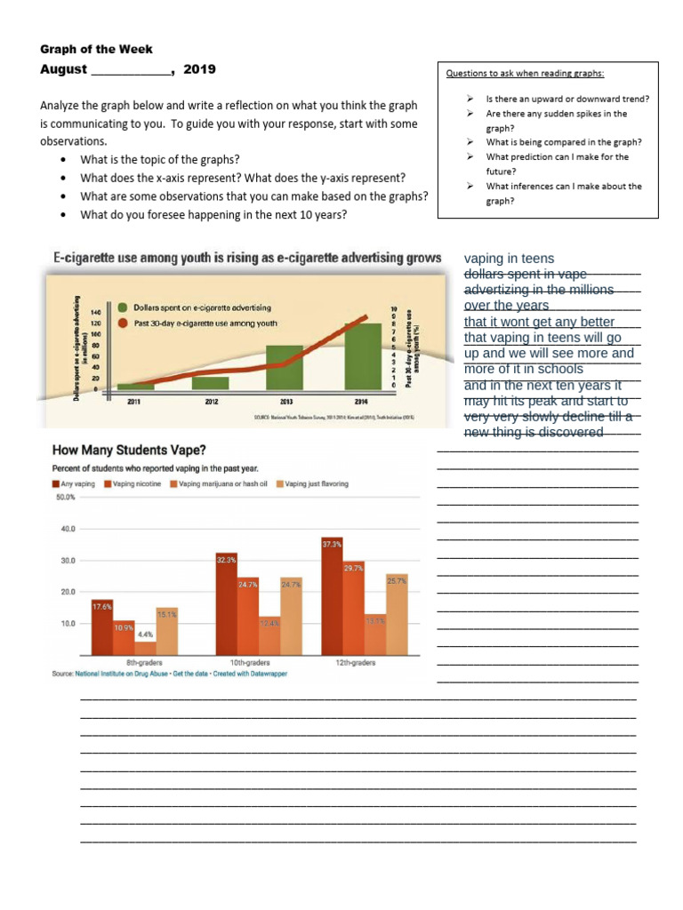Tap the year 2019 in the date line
coord(199,69)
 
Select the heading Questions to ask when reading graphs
coord(518,74)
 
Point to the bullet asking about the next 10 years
coord(214,214)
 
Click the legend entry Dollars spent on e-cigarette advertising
coord(202,307)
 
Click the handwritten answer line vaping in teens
coord(509,259)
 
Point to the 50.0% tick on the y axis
coord(66,498)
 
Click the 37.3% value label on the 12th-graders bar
coord(332,543)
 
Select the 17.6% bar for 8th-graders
coord(102,627)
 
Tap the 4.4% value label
coord(145,635)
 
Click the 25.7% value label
coord(397,580)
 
